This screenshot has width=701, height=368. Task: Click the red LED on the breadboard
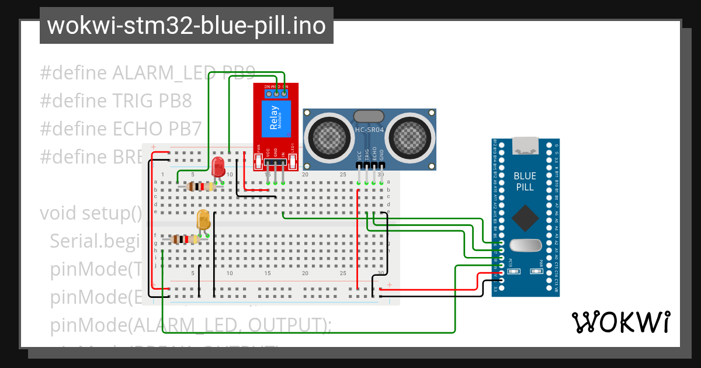coord(218,166)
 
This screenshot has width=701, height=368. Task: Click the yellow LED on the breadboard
coord(204,220)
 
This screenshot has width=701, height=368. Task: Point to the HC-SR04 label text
coord(369,130)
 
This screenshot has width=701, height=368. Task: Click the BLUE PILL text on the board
coord(524,182)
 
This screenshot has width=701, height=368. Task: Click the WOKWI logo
coord(620,322)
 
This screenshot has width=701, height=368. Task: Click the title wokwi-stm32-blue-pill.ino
coord(186,26)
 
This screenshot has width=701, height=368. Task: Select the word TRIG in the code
coord(133,101)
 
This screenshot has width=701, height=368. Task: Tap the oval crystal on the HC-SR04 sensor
coord(369,117)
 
